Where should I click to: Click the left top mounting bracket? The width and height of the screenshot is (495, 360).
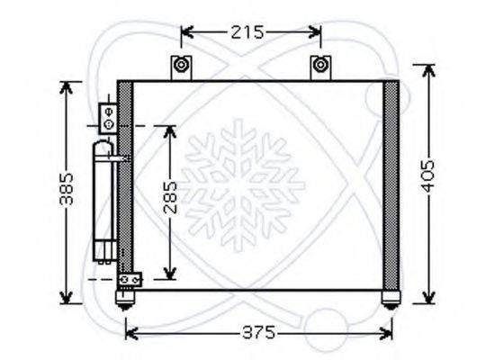(182, 67)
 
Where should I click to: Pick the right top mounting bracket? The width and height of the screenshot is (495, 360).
(319, 67)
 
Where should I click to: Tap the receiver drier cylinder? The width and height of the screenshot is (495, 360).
(105, 202)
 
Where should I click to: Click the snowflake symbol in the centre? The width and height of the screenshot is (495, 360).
(244, 184)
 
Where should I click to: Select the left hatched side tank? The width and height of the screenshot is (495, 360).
(126, 184)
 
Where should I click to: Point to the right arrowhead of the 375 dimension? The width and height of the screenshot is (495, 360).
(389, 333)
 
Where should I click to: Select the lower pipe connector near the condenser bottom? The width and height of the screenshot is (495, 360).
(129, 280)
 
